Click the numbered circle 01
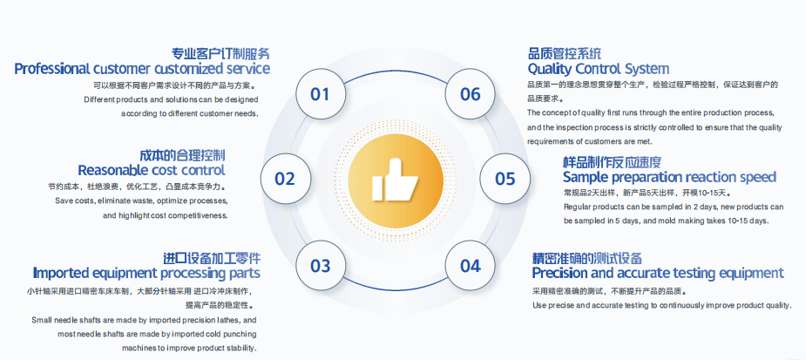(321, 93)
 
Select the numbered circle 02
(285, 179)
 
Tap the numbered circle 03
(321, 265)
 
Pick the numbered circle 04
(470, 265)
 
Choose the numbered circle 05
(505, 179)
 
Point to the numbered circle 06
(470, 93)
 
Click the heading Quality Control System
(599, 69)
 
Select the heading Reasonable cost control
(152, 170)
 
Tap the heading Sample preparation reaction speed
(669, 178)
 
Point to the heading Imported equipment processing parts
(146, 273)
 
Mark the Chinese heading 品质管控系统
(565, 53)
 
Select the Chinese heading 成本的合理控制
(182, 155)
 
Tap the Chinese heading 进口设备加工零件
(212, 258)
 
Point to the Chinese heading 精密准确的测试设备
(587, 258)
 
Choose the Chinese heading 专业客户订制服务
(220, 53)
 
